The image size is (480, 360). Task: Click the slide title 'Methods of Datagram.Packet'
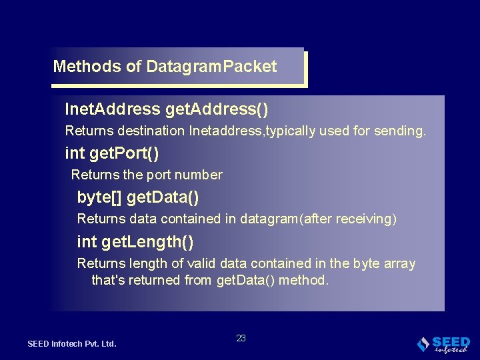tap(165, 67)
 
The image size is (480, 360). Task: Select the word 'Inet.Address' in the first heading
tap(113, 109)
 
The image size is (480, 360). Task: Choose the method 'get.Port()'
tap(124, 153)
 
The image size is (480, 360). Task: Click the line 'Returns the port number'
tap(147, 175)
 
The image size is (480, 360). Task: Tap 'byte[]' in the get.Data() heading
tap(99, 197)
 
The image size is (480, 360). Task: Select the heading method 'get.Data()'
tap(163, 197)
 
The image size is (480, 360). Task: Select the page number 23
tap(241, 338)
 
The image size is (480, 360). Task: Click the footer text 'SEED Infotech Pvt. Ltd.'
tap(72, 344)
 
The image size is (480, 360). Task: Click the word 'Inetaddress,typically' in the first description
tap(246, 131)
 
